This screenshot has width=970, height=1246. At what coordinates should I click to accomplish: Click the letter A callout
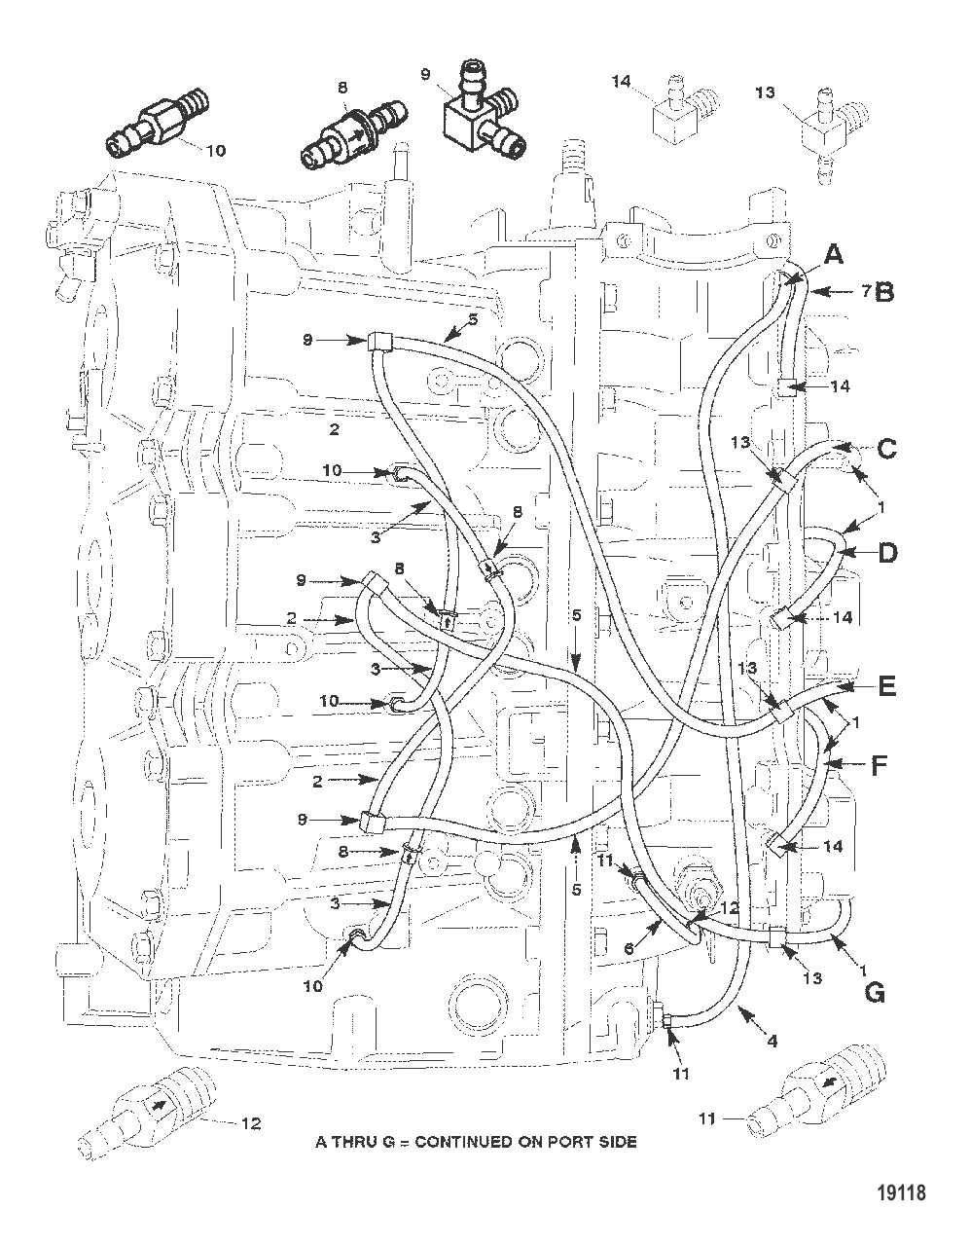[x=833, y=255]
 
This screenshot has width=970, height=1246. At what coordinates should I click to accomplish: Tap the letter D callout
[x=887, y=552]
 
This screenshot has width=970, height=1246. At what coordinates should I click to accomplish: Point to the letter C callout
[x=886, y=450]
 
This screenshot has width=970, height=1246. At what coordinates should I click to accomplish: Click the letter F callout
[x=879, y=765]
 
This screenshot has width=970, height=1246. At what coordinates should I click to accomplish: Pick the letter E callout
[x=886, y=687]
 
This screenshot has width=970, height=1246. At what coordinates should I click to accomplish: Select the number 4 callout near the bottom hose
[x=772, y=1041]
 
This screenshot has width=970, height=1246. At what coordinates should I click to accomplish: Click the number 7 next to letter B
[x=863, y=290]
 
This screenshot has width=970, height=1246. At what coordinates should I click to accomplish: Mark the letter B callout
[x=884, y=291]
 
